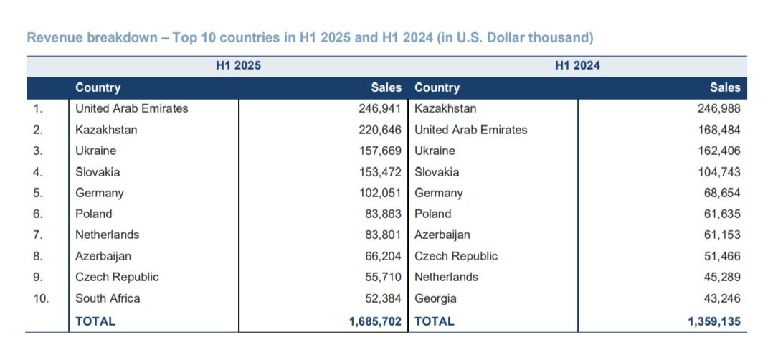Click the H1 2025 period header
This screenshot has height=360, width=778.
point(238,65)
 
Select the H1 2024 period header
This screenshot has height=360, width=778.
point(577,65)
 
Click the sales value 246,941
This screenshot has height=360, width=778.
point(380,109)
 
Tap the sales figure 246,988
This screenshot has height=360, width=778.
point(719,109)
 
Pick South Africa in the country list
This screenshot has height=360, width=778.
point(108,298)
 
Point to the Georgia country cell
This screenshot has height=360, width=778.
point(436,299)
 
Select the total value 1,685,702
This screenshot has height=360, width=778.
point(375,321)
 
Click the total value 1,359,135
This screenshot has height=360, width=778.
point(714,321)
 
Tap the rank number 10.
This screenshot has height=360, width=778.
point(41,298)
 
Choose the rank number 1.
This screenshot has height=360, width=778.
point(38,109)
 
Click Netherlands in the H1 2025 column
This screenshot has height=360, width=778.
point(107,235)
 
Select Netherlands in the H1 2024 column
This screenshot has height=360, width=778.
point(447,277)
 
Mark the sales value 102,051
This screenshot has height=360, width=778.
point(380,193)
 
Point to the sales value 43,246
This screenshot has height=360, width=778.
point(722,298)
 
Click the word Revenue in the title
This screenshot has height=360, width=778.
point(54,38)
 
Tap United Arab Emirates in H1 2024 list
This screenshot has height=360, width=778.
point(471,130)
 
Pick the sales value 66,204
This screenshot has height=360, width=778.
point(383,256)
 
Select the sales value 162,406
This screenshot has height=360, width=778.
point(719,151)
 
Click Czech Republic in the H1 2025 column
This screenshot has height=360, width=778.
point(117,277)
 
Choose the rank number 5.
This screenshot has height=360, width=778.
point(38,193)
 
